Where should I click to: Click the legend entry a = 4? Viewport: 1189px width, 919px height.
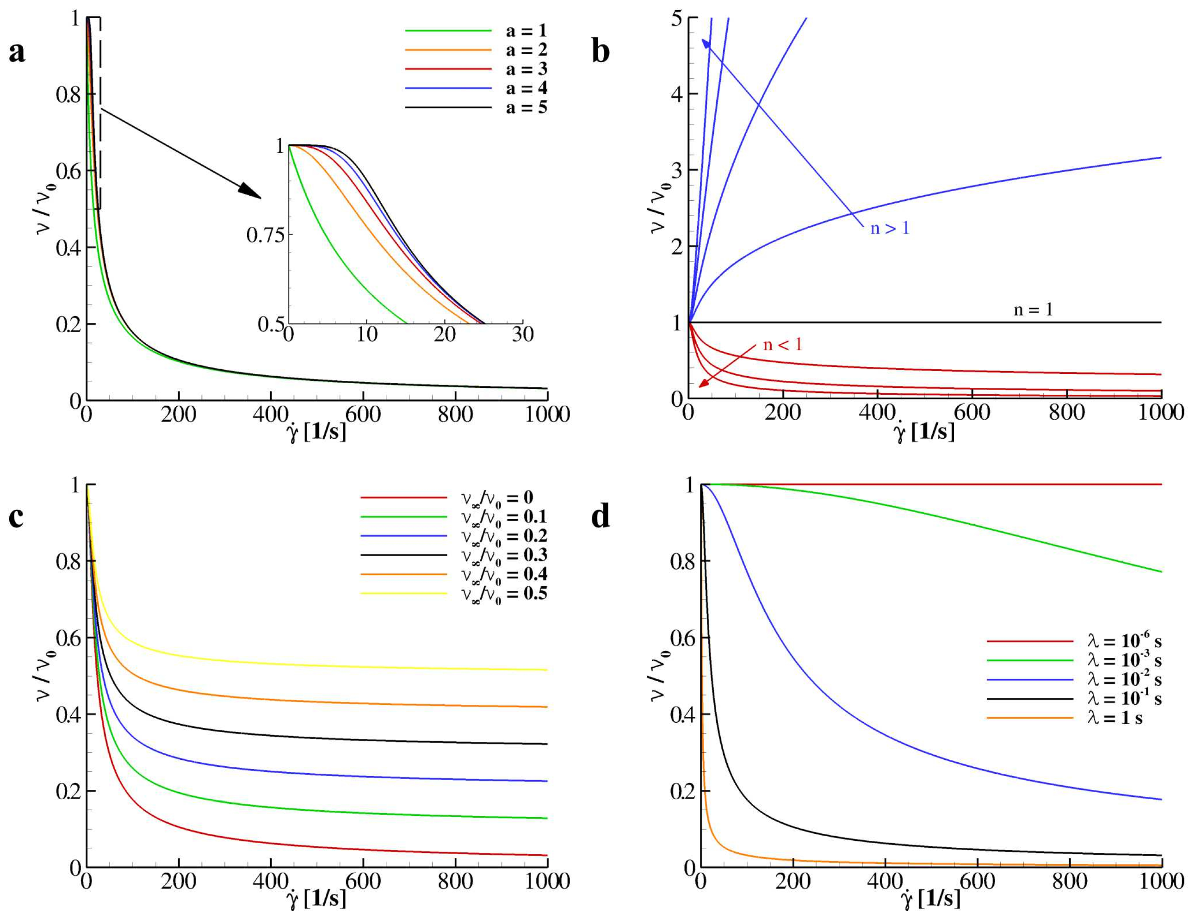(526, 88)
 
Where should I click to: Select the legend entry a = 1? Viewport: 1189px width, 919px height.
(526, 31)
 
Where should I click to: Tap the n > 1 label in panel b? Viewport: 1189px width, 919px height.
(890, 228)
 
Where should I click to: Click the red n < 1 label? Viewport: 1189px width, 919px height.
(782, 345)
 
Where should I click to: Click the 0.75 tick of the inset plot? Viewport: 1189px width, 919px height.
(265, 235)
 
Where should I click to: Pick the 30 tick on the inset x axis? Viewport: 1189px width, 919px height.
(523, 334)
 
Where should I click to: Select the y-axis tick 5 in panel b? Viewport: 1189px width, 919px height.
(677, 18)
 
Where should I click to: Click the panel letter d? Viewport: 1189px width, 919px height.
(600, 517)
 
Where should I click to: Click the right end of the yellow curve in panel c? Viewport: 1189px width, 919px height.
(546, 670)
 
